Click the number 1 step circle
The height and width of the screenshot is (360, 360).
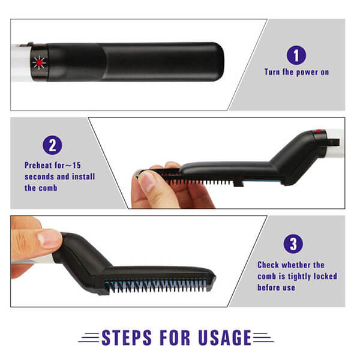(x=296, y=55)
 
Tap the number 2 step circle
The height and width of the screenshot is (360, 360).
(x=52, y=145)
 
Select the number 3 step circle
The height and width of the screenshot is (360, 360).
(x=293, y=244)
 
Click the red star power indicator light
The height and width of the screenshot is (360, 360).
(x=39, y=62)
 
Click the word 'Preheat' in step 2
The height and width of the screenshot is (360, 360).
(x=38, y=165)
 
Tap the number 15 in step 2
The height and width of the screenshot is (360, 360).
(x=77, y=166)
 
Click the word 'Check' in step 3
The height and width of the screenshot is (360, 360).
(x=268, y=265)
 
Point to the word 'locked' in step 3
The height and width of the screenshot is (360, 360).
(x=325, y=276)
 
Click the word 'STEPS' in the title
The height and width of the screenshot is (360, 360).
(x=127, y=337)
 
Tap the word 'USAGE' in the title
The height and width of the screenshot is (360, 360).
(x=225, y=337)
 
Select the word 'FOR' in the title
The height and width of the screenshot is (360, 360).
(x=175, y=337)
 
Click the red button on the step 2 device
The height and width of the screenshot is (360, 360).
(x=319, y=131)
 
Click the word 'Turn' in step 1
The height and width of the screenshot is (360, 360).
(x=272, y=72)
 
